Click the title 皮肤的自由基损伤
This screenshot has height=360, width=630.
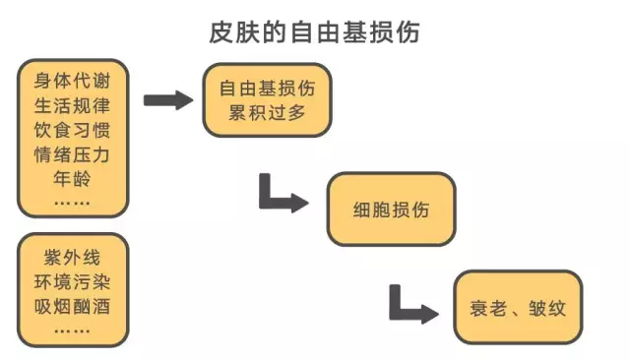[x=316, y=31]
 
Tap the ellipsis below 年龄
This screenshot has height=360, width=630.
[x=72, y=202]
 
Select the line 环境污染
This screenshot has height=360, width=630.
[x=72, y=282]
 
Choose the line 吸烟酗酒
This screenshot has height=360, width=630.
[x=72, y=306]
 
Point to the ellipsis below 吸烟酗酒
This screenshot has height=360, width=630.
[x=72, y=328]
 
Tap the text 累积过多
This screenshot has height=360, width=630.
[x=267, y=113]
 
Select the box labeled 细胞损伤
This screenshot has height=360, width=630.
[x=390, y=209]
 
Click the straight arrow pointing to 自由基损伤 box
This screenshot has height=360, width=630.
[x=167, y=99]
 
